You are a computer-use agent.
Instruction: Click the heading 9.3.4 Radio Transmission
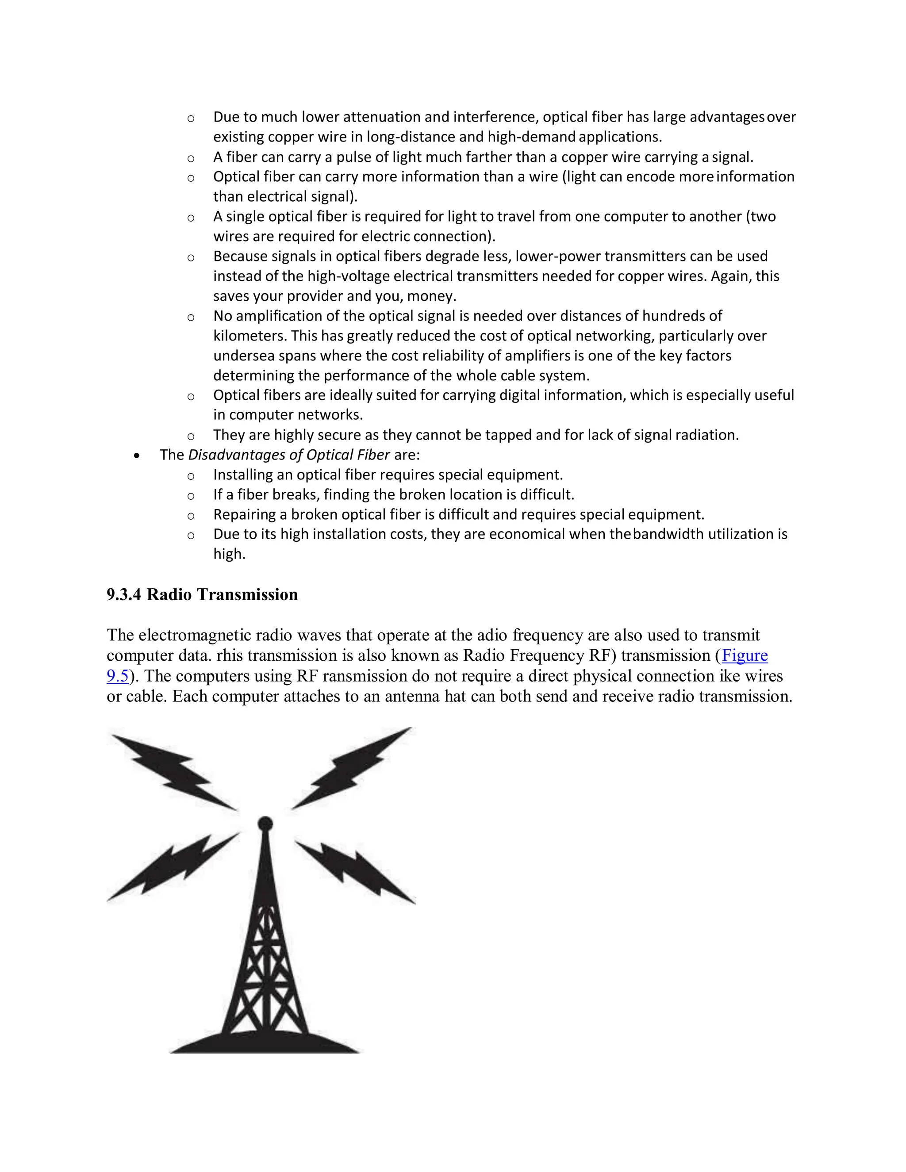point(202,594)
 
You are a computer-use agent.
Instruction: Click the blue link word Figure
point(745,655)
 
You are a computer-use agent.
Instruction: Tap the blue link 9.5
point(118,676)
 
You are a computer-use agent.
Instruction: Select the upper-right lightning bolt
point(352,769)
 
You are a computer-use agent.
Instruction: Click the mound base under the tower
point(265,1042)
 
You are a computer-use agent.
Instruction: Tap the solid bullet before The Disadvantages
point(138,456)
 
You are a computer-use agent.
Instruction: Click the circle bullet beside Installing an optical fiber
point(191,476)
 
